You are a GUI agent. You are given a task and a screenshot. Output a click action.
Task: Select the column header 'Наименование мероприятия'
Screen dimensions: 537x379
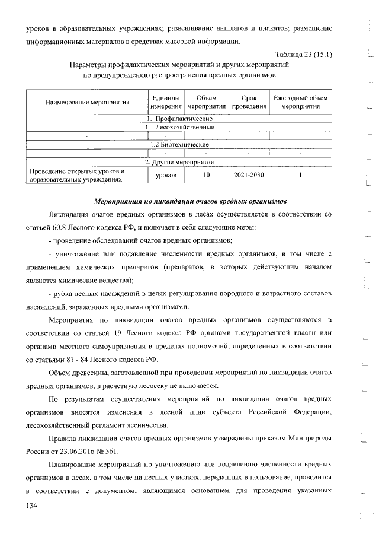point(87,101)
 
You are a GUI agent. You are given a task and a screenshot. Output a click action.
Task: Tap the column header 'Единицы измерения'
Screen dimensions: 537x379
point(165,101)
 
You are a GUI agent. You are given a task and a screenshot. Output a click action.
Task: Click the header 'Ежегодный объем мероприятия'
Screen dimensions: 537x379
point(300,101)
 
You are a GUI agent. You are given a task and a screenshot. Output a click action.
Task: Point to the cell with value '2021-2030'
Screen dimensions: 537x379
point(249,176)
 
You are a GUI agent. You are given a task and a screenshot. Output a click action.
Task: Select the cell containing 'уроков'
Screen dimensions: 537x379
point(165,176)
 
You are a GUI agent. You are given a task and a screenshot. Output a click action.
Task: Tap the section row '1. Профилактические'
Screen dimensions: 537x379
point(179,119)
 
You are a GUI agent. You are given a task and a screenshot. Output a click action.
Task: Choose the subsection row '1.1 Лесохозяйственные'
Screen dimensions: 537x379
point(179,128)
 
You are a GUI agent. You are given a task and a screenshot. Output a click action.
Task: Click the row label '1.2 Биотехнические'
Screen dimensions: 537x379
point(179,145)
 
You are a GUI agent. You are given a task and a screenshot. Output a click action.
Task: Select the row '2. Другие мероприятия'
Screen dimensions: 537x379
point(179,162)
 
